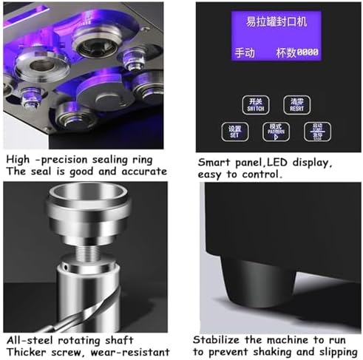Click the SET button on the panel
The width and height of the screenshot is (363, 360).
pos(234,132)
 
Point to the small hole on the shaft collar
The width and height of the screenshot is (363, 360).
pos(64,262)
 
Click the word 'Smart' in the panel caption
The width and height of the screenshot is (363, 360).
pos(214,160)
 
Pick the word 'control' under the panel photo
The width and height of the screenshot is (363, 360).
pos(260,174)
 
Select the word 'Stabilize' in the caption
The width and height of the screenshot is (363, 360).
pos(222,340)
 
